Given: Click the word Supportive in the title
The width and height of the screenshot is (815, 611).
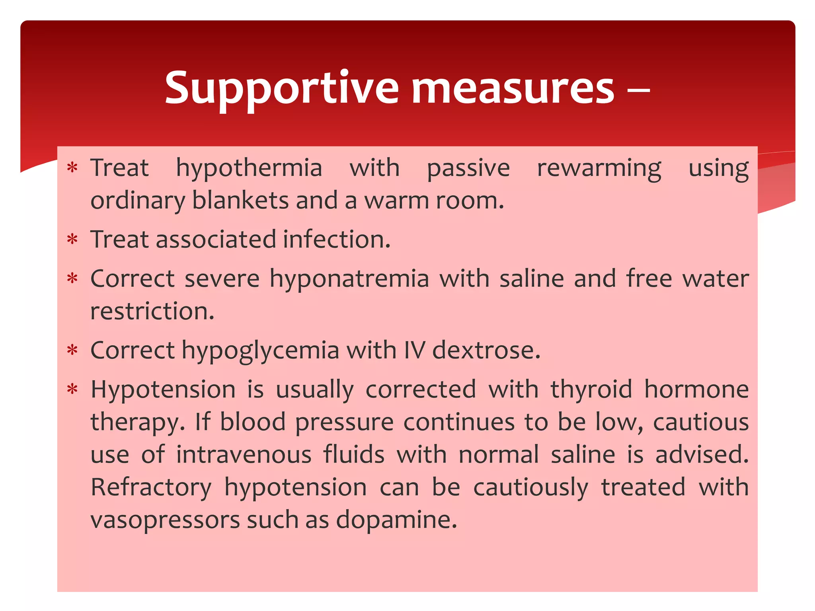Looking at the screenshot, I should pyautogui.click(x=281, y=88).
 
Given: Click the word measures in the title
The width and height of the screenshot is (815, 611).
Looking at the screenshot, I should pyautogui.click(x=513, y=88).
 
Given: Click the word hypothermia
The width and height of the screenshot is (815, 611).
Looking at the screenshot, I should pyautogui.click(x=249, y=169).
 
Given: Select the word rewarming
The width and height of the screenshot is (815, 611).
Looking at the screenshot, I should pyautogui.click(x=599, y=169).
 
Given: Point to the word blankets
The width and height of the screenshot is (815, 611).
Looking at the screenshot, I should pyautogui.click(x=240, y=200).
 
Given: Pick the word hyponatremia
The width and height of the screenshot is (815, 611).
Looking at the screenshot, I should pyautogui.click(x=349, y=278).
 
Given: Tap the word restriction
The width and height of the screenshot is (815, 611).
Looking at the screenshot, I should pyautogui.click(x=152, y=311).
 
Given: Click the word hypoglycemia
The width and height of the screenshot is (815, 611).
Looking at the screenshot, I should pyautogui.click(x=261, y=351).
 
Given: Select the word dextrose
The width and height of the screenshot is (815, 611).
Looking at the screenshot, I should pyautogui.click(x=486, y=351).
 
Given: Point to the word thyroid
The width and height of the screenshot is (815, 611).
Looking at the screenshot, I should pyautogui.click(x=591, y=389).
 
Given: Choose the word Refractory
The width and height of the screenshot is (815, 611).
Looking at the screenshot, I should pyautogui.click(x=151, y=487).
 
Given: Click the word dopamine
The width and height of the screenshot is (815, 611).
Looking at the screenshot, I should pyautogui.click(x=396, y=520).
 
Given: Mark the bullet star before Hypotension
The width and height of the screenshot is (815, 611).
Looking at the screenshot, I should pyautogui.click(x=72, y=389).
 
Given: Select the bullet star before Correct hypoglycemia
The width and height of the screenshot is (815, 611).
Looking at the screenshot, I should pyautogui.click(x=72, y=350).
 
